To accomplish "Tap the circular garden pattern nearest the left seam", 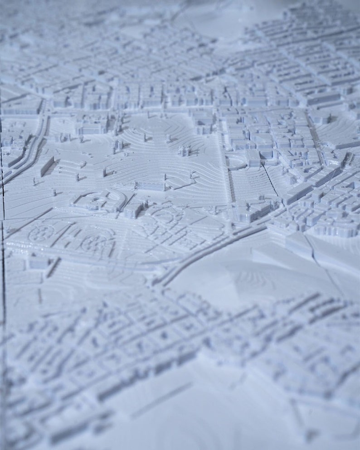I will [x=40, y=233].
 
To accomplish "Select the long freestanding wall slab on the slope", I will [x=47, y=166].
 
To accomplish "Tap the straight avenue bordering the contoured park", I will [x=225, y=172].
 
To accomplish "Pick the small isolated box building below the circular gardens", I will [x=39, y=261].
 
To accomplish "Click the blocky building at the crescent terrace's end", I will [x=253, y=159].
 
